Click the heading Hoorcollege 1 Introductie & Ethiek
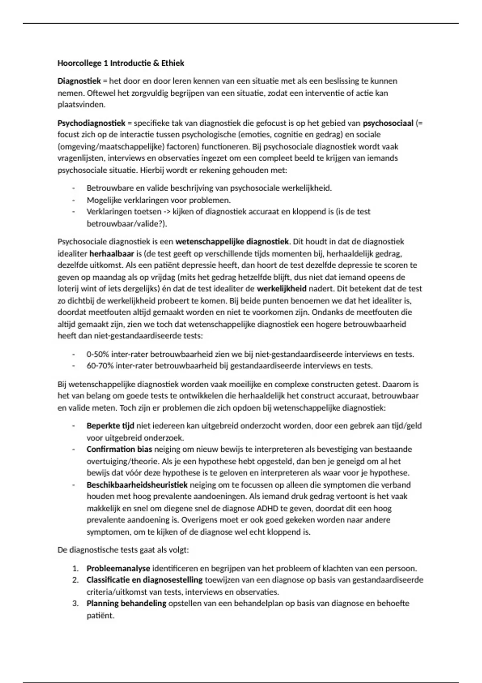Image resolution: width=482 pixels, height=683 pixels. click(x=121, y=63)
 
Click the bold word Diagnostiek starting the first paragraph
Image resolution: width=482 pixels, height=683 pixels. click(x=79, y=81)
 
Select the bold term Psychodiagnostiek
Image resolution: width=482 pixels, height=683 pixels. click(x=92, y=123)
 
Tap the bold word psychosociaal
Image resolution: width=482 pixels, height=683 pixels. click(x=388, y=123)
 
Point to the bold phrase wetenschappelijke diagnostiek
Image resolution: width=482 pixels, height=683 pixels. click(x=232, y=242)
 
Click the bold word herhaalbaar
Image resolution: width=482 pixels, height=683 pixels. click(x=112, y=254)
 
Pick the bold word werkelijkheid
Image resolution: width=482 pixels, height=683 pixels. click(x=282, y=288)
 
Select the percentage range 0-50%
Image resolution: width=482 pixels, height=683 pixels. click(x=98, y=354)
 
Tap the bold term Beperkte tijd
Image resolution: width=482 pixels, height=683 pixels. click(x=110, y=426)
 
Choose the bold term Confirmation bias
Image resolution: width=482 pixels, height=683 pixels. click(x=119, y=449)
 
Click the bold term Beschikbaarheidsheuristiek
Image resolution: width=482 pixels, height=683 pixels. click(x=137, y=485)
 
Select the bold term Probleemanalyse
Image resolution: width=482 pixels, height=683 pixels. click(x=118, y=568)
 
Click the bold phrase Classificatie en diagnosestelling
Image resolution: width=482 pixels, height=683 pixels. click(x=145, y=580)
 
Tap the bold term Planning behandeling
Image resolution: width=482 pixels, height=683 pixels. click(x=126, y=603)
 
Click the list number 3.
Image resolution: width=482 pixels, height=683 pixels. click(x=75, y=603)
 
